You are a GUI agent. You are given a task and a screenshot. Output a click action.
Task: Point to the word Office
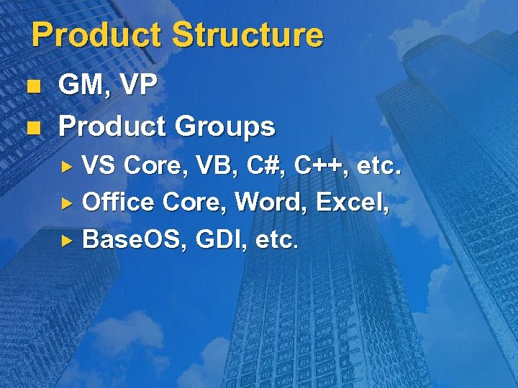tap(118, 202)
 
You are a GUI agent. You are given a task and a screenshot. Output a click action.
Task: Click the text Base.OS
tap(130, 238)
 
